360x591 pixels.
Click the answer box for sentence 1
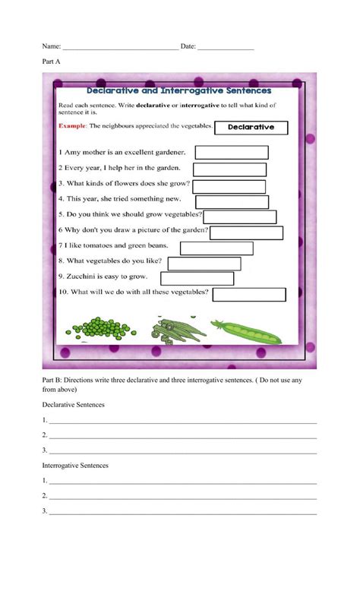click(232, 153)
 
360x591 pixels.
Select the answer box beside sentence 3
click(230, 186)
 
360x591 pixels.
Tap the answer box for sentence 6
click(246, 232)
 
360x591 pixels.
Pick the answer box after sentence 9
click(197, 279)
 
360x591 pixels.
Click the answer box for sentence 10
click(249, 295)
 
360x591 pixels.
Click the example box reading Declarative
click(251, 128)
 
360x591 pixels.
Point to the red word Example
click(72, 125)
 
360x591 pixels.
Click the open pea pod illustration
click(245, 330)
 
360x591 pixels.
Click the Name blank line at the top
click(120, 47)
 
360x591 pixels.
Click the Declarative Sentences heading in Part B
click(73, 405)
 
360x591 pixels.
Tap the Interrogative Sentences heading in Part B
click(75, 465)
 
